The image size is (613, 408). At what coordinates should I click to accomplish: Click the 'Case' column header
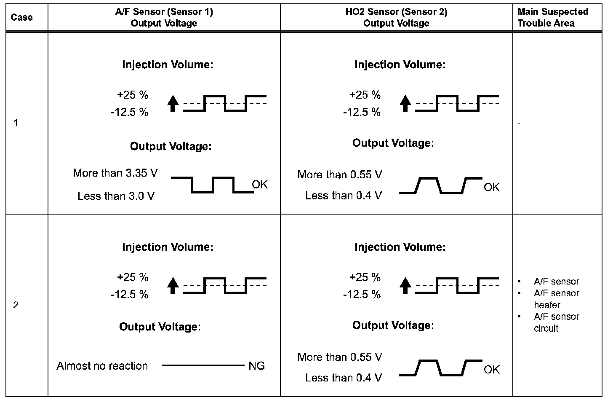21,18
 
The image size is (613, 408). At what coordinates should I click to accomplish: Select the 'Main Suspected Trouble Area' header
552,18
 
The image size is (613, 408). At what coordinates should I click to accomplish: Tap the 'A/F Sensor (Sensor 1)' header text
164,12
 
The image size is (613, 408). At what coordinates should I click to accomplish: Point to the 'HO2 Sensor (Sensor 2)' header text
396,12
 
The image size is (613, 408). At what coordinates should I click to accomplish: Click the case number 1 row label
16,123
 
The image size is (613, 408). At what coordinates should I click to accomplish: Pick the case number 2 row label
16,305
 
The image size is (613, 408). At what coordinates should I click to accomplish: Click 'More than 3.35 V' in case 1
115,173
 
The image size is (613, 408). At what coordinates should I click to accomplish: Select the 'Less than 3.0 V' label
116,196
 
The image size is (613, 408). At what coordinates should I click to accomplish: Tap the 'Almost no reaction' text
102,366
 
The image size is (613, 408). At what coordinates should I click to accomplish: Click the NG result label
256,366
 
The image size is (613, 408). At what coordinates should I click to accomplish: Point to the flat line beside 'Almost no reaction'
203,365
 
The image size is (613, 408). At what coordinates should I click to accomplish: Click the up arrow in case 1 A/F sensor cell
173,103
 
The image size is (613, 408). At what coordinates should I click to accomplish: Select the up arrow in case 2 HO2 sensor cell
405,286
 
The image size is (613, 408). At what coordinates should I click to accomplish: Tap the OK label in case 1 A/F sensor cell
260,185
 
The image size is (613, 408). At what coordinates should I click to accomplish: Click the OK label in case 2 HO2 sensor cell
491,370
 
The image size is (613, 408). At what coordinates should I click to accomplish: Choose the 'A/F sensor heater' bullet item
556,299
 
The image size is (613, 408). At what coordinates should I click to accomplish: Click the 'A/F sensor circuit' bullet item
556,322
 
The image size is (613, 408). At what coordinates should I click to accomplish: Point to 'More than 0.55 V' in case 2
340,357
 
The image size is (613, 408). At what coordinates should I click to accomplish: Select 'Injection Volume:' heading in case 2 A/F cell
168,247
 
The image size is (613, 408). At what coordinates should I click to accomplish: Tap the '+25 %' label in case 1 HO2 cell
365,95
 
